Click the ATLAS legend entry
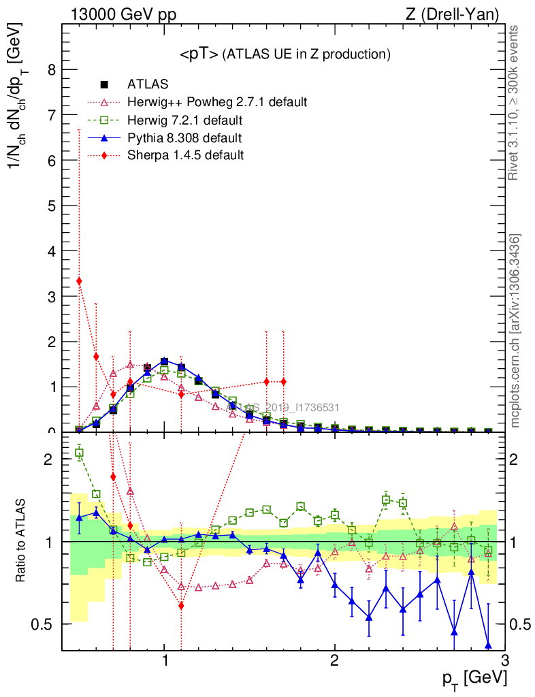[x=148, y=84]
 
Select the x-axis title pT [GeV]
[x=474, y=678]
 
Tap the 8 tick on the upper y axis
[x=52, y=69]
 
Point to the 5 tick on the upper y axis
[x=52, y=205]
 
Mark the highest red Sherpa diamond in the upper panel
[x=79, y=280]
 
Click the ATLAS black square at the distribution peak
[x=164, y=361]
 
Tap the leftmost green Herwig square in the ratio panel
[x=79, y=453]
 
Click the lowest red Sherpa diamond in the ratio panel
[x=181, y=605]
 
